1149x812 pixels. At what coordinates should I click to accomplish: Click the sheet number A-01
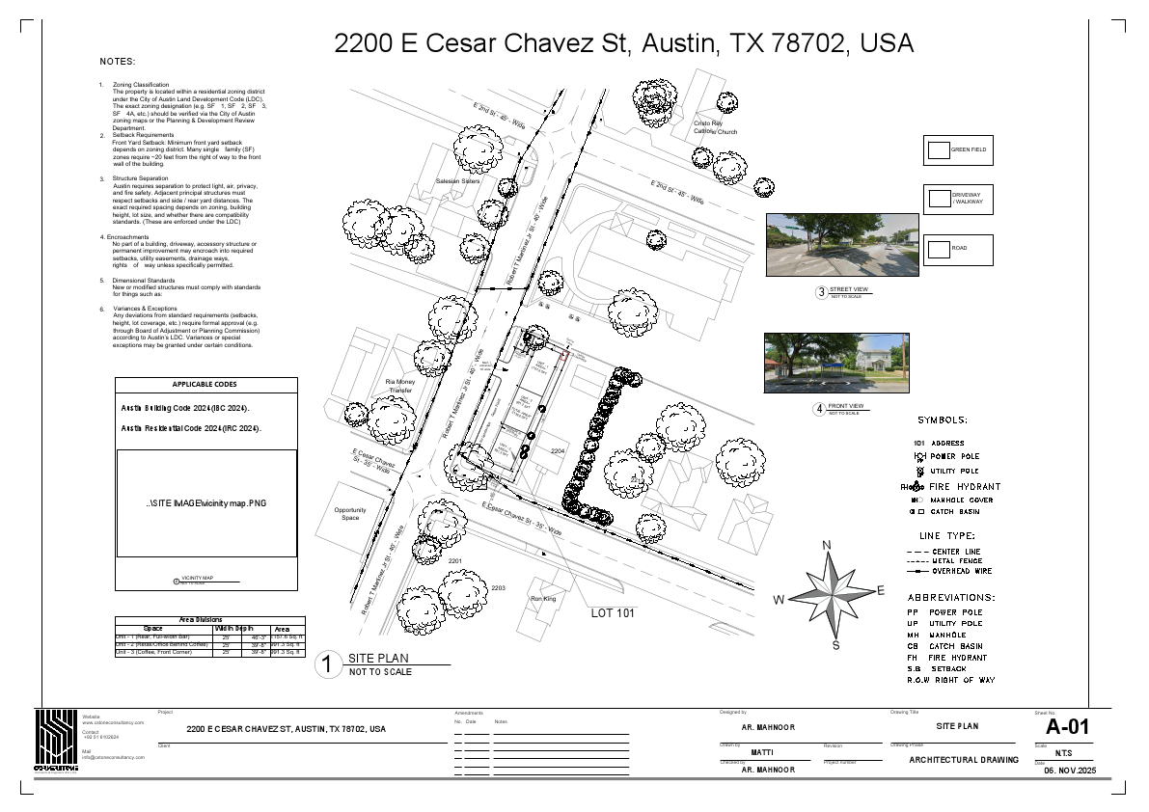[x=1067, y=727]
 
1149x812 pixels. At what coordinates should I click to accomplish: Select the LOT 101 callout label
[x=612, y=612]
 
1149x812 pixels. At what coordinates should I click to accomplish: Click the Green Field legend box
[x=939, y=149]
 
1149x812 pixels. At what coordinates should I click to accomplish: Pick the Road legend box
[x=939, y=249]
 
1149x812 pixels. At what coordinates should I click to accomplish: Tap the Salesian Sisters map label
[x=457, y=181]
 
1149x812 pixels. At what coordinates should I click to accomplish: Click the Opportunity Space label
[x=350, y=514]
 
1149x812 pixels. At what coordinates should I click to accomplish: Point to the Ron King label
[x=543, y=599]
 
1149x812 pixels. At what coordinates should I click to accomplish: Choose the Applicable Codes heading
[x=205, y=385]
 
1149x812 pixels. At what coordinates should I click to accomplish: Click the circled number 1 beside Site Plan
[x=329, y=664]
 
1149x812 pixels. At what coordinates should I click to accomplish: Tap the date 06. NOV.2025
[x=1071, y=771]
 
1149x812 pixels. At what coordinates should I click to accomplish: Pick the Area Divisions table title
[x=201, y=620]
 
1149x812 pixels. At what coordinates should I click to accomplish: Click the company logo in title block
[x=56, y=739]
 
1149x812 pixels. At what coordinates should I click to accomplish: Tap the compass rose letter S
[x=835, y=644]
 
